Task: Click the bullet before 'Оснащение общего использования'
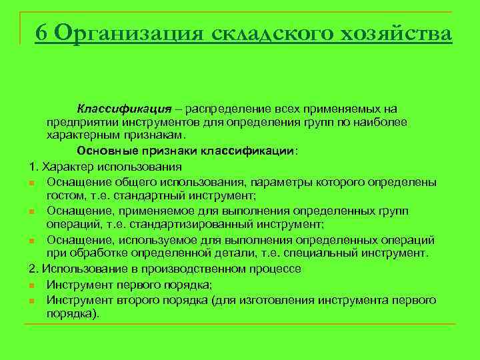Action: tap(33, 182)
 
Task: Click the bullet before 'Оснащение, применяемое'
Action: tap(33, 211)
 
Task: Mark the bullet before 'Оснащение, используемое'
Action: tap(33, 240)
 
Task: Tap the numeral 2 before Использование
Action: tap(33, 269)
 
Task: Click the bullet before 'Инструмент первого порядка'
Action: tap(33, 285)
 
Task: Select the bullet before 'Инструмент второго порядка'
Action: tap(33, 300)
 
